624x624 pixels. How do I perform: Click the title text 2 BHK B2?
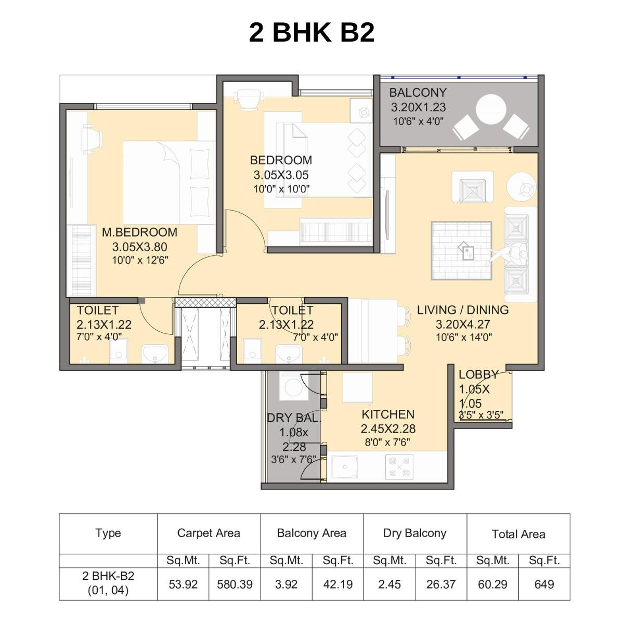(311, 33)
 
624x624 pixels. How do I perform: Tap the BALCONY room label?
(418, 93)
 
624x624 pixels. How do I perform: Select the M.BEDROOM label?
(139, 232)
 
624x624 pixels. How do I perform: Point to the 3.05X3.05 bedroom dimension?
(281, 175)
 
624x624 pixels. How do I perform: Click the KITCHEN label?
(388, 414)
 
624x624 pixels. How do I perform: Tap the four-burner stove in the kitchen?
(399, 466)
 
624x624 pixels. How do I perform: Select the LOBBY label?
(478, 374)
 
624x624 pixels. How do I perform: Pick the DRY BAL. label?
(294, 418)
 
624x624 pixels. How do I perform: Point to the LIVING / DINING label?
(463, 310)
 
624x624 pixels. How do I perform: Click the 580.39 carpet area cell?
(235, 584)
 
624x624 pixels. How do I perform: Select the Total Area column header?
(518, 534)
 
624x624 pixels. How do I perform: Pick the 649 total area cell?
(544, 584)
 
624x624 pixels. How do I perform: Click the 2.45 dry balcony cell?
(389, 584)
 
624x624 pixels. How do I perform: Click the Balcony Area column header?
(311, 533)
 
